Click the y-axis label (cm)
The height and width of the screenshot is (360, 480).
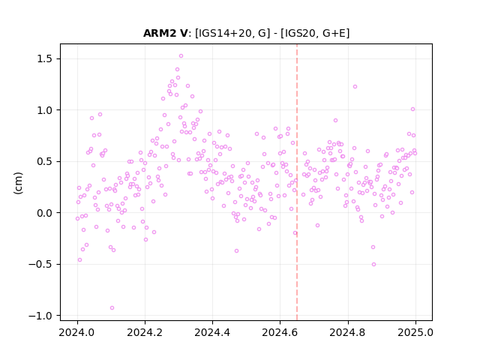pos(18,183)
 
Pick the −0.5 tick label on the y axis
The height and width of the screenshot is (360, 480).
pos(42,265)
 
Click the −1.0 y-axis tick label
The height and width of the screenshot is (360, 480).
pos(42,316)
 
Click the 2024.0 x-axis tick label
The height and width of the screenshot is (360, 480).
pos(77,332)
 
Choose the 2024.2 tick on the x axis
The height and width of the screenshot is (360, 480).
pos(145,332)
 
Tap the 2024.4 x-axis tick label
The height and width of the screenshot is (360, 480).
pos(212,332)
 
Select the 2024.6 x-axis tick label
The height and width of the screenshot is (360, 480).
pos(280,332)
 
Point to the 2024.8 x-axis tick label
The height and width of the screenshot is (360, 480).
pos(347,332)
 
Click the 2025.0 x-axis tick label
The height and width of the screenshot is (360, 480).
pos(415,332)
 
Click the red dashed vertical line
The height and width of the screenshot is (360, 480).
pos(297,182)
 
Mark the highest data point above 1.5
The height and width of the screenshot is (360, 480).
pos(181,56)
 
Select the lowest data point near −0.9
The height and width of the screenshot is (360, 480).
pos(112,308)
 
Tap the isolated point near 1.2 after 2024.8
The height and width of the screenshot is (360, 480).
pos(355,87)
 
